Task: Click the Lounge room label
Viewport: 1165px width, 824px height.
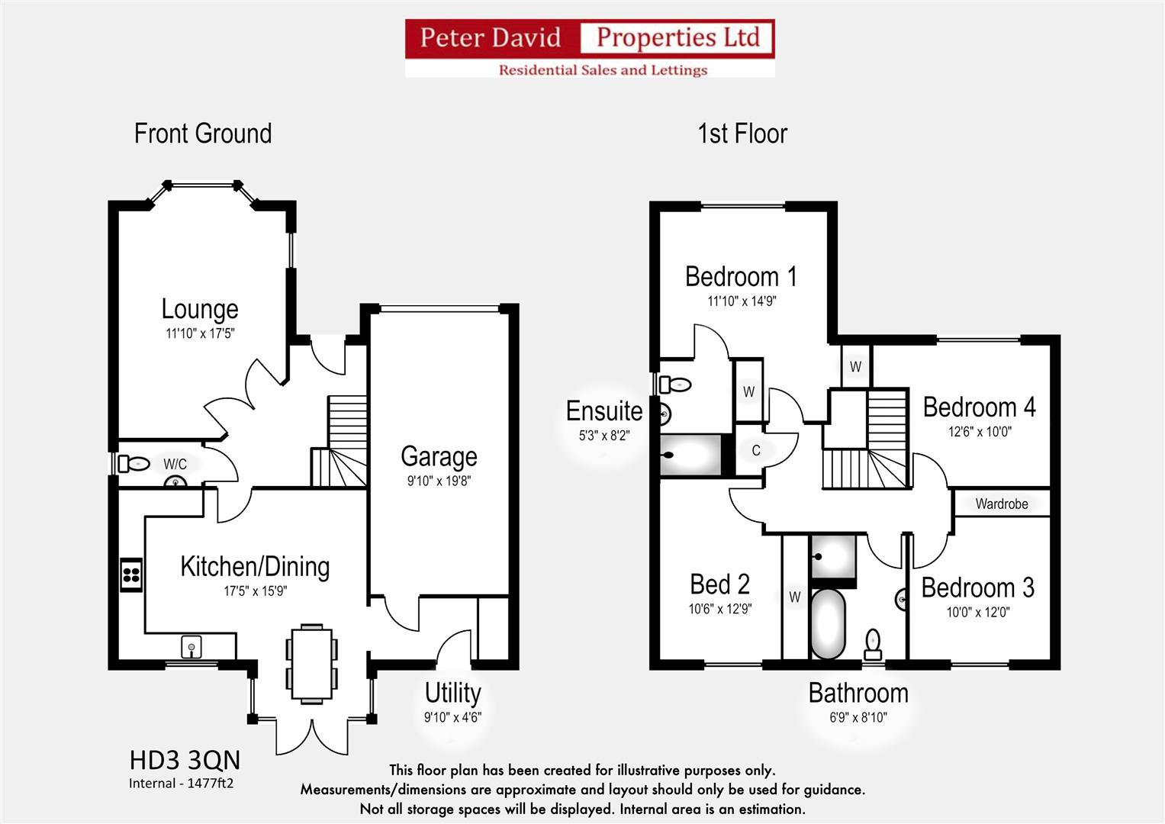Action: (200, 309)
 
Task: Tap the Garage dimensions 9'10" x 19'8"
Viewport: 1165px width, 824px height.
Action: (439, 481)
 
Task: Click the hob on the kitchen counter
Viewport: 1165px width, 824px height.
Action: (131, 575)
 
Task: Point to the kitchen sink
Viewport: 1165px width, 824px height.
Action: (191, 647)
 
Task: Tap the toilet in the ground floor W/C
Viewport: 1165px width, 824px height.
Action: (134, 463)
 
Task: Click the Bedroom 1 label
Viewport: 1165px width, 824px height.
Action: (741, 276)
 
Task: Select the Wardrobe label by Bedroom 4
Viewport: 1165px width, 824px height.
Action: (1002, 504)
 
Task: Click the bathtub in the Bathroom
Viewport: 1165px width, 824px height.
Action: (828, 624)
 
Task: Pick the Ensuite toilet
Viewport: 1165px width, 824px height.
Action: (675, 385)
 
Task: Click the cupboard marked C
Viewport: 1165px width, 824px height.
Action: (756, 450)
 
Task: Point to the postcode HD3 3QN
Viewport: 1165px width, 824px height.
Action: (185, 761)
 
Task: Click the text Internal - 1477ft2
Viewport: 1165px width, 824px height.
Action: (181, 784)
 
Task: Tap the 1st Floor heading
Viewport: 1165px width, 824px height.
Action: (742, 134)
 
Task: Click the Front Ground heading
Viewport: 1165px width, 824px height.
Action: (203, 134)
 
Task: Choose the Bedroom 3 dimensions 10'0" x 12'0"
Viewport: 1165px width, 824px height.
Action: (978, 612)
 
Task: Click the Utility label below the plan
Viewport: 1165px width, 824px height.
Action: (452, 694)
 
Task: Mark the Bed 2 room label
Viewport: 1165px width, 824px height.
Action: (719, 584)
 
